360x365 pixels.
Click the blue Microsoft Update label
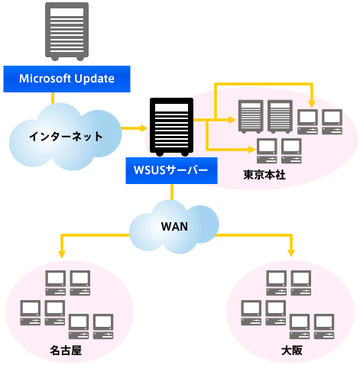66,79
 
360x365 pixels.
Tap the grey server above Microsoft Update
67,31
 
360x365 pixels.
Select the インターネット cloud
65,137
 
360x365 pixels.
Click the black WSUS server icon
171,127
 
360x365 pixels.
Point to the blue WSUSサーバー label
171,170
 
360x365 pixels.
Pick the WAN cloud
174,227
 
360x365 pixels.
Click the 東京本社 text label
264,175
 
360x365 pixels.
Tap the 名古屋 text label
66,350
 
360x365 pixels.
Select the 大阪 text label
292,350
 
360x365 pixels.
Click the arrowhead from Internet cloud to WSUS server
144,128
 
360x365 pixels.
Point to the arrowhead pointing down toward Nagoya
62,255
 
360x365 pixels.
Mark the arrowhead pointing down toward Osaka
291,254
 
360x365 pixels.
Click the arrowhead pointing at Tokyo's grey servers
232,120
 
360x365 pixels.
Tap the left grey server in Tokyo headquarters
251,117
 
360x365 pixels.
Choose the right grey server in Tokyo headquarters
280,117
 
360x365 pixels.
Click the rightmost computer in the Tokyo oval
332,122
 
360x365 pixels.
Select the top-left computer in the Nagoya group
56,283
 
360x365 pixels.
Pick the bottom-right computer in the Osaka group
324,327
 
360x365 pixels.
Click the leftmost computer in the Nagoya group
31,313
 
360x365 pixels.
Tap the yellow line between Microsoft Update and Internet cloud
53,99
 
